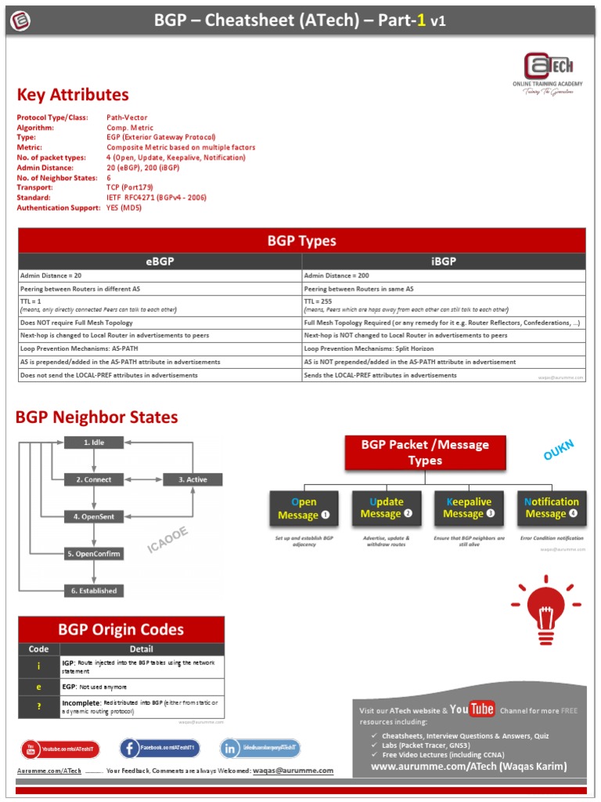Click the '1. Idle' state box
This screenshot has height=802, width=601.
[94, 443]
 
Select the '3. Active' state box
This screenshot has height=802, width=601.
[193, 479]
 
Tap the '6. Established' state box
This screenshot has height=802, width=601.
[94, 591]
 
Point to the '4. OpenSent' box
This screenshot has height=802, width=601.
[94, 516]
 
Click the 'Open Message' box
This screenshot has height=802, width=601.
[304, 508]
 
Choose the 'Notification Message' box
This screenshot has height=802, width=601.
[552, 508]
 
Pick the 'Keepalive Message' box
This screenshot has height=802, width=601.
[469, 508]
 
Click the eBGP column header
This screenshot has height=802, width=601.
[160, 262]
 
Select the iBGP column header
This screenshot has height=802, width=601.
[444, 262]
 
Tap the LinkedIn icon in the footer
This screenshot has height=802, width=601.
[231, 749]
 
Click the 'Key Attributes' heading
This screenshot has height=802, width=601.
[73, 95]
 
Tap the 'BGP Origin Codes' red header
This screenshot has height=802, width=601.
[121, 630]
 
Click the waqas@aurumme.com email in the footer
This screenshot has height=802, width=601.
[293, 771]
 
